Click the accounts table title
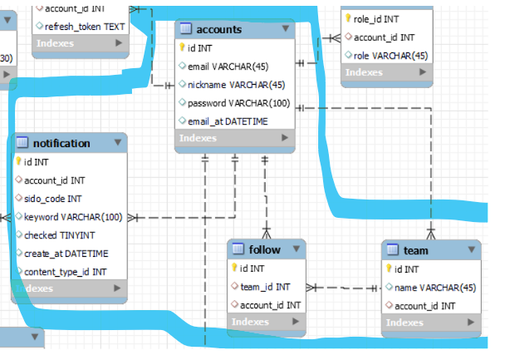pos(219,29)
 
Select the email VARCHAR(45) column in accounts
pos(228,67)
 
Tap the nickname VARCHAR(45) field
pos(236,85)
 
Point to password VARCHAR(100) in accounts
pos(238,103)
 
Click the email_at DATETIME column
pos(228,121)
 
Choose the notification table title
pos(61,143)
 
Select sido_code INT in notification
pos(52,199)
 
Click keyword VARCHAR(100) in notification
pos(72,217)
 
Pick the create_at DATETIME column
pos(66,254)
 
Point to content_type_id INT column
pos(65,272)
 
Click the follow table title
pos(264,249)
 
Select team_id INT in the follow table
pos(265,287)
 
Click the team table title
pos(415,250)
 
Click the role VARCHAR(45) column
pos(390,56)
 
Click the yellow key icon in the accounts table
pos(182,47)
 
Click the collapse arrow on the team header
pos(470,249)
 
